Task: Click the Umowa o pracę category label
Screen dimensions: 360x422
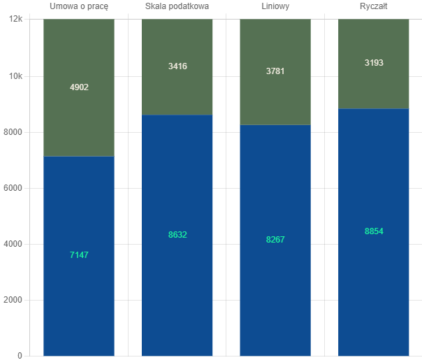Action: (79, 6)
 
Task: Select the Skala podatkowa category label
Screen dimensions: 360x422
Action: (177, 6)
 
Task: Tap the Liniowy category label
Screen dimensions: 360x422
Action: (275, 6)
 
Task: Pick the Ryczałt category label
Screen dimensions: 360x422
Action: (373, 6)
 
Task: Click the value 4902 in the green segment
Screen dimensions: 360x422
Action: (79, 87)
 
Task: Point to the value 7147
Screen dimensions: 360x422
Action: (79, 255)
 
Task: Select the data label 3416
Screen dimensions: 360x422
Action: (177, 66)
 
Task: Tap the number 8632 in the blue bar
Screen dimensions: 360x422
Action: (177, 235)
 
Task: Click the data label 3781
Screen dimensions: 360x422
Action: (275, 71)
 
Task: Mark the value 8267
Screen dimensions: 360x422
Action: (275, 240)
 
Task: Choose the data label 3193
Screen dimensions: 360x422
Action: (374, 63)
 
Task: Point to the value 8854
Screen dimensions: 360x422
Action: (374, 231)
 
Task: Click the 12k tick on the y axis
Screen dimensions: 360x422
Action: (15, 20)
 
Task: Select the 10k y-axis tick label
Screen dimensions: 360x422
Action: (15, 76)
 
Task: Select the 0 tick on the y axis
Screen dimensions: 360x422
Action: (20, 356)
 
